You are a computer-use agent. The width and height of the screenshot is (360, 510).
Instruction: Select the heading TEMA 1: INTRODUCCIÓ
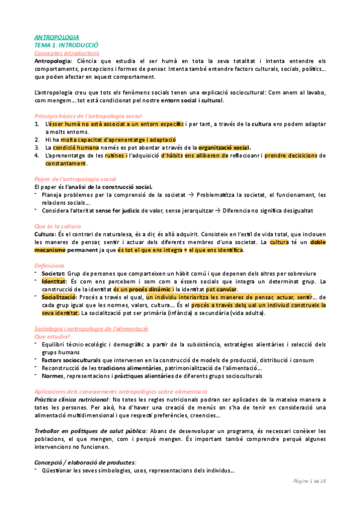point(66,45)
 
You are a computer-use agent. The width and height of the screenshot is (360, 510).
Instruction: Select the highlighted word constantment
point(65,163)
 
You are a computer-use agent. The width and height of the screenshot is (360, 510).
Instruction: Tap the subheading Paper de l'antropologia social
point(75,179)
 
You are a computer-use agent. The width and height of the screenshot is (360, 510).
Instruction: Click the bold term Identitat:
point(58,281)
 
